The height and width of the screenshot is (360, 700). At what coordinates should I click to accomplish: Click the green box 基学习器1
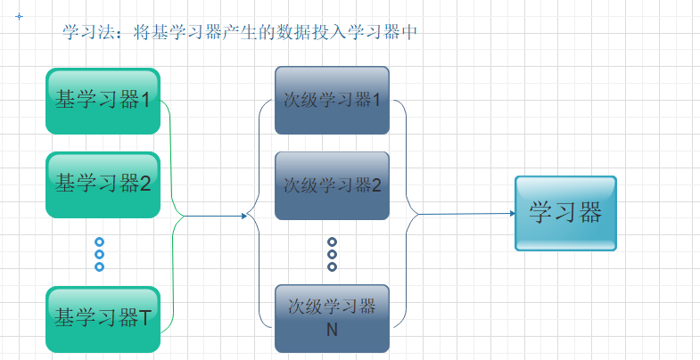pos(103,100)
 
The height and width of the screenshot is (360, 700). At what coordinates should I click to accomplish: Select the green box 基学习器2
pos(103,184)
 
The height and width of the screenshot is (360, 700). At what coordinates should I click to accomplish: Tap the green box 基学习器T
pos(103,318)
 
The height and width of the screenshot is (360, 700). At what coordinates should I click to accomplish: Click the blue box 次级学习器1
pos(332,100)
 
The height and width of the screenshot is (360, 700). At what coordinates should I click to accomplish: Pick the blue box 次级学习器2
pos(332,185)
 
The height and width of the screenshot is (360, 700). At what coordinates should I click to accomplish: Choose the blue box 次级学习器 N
pos(332,318)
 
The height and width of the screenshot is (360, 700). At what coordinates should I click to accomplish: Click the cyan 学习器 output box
pos(565,213)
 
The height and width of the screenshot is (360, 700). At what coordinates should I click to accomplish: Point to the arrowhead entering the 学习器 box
pos(511,214)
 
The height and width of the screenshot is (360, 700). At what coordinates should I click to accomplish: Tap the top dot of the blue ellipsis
pos(99,241)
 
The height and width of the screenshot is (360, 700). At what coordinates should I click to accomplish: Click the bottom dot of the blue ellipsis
pos(99,266)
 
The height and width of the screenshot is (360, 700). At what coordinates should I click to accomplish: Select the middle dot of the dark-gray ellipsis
pos(332,254)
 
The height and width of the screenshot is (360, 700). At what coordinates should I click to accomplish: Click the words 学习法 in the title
pos(83,33)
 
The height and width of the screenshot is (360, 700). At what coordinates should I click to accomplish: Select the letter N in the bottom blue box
pos(332,330)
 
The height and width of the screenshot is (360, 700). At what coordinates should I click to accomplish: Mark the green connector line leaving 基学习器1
pos(170,143)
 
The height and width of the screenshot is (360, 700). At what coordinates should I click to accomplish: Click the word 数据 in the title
pos(290,33)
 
